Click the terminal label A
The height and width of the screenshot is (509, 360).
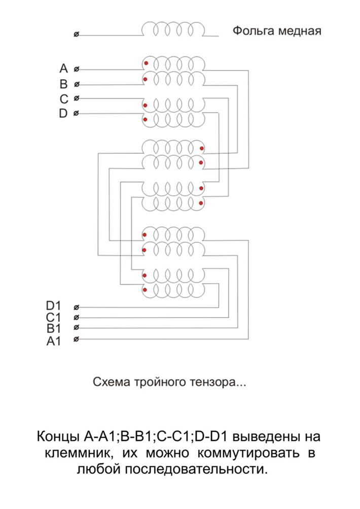point(63,69)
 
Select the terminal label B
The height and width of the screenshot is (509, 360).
point(63,84)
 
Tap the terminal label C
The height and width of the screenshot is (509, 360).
point(64,98)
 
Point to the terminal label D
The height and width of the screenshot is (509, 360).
point(63,113)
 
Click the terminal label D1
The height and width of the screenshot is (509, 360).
point(54,306)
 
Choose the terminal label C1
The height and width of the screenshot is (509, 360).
point(54,317)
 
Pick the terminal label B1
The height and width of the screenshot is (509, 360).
point(54,328)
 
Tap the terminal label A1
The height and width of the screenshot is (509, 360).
point(54,341)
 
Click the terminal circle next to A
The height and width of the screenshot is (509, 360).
point(77,69)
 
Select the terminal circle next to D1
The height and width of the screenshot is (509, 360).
point(77,307)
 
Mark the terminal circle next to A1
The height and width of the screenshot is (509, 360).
point(77,340)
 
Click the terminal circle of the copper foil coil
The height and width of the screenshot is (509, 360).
point(77,34)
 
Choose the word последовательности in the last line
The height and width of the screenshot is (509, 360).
point(196,469)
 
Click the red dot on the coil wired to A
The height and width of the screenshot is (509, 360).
point(146,63)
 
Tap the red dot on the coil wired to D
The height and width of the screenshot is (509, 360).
point(145,119)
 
